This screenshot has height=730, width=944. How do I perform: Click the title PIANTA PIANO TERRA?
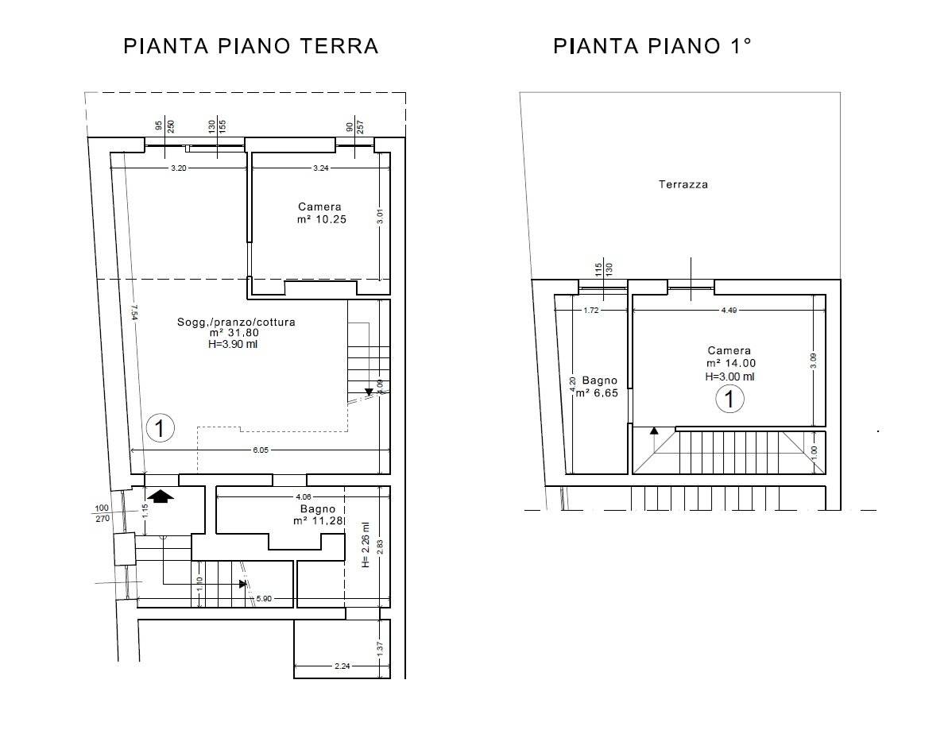(251, 46)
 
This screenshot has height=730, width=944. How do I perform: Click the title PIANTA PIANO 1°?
(652, 46)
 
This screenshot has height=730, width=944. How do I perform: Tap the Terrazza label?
(683, 184)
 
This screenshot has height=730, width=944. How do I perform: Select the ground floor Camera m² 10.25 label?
(319, 213)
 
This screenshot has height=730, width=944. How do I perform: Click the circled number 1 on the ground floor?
(160, 429)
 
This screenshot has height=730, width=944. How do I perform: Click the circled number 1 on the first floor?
(729, 399)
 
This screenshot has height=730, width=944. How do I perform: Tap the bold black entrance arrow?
(161, 496)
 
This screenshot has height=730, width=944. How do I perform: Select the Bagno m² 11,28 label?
(317, 515)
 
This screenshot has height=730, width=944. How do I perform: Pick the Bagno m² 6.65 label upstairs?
(594, 386)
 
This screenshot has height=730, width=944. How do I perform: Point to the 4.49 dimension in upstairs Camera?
(729, 311)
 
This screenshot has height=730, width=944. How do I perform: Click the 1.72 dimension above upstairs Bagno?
(590, 311)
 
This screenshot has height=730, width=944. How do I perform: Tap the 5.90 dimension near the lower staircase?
(263, 598)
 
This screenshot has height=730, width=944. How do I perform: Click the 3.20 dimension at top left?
(179, 168)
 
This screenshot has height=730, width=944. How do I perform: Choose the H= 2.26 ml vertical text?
(365, 544)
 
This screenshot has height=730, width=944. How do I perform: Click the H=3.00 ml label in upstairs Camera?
(729, 377)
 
